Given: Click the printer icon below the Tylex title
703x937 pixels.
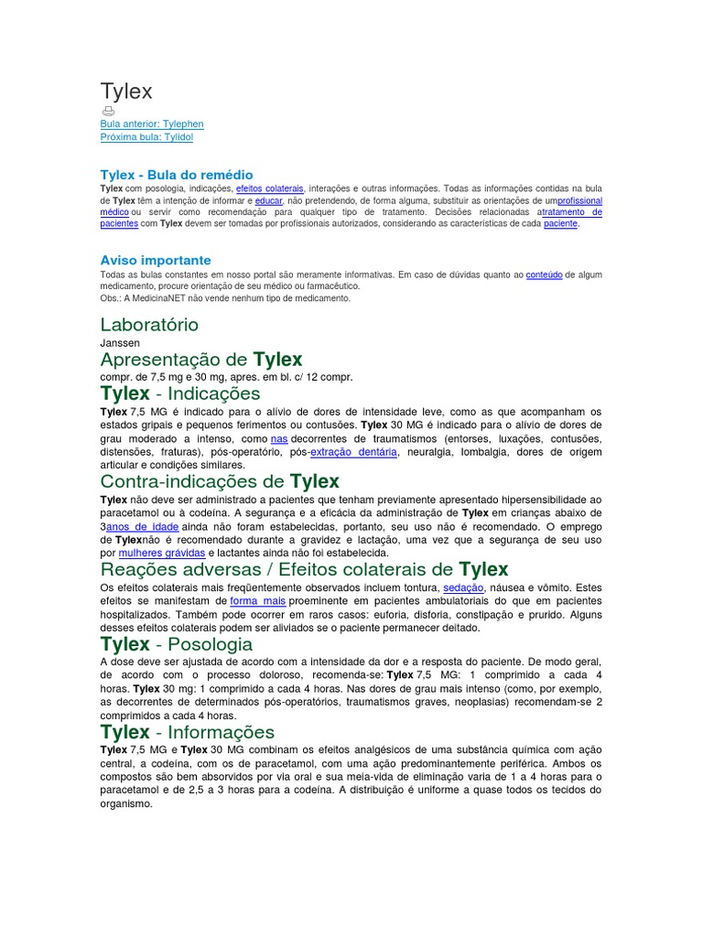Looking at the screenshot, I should (107, 111).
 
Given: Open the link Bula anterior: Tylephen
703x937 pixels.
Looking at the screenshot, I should (152, 124).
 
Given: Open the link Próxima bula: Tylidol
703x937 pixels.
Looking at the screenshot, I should (146, 136).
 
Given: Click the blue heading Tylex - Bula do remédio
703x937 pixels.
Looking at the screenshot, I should (177, 174).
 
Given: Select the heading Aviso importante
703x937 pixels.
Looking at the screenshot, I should (156, 260).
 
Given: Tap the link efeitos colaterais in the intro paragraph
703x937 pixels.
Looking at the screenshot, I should (270, 188).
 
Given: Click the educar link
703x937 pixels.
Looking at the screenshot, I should (268, 199).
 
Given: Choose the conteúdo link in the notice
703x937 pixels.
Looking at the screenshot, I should (545, 274).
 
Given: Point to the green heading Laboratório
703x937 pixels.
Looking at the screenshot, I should (149, 325).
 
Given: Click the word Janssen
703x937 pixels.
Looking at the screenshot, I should (120, 343).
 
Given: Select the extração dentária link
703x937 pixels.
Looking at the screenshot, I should (353, 452).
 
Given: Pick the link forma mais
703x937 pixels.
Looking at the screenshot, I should (258, 600).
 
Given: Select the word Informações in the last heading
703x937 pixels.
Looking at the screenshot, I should (217, 732).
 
